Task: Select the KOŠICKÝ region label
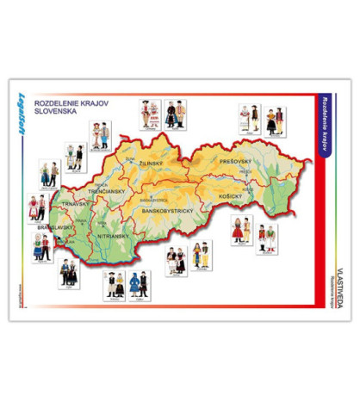click(234, 195)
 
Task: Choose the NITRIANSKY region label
click(114, 234)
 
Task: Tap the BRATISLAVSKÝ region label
click(56, 228)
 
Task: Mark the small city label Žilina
click(129, 159)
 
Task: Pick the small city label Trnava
click(78, 221)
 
